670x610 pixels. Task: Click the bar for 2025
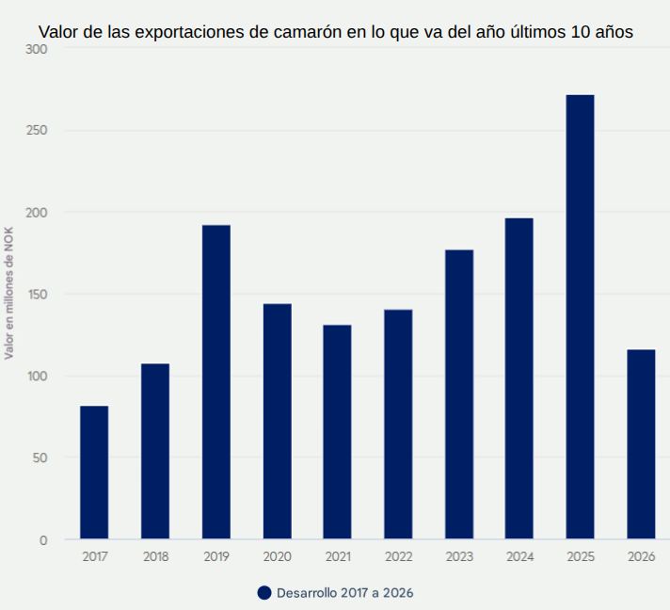pos(580,317)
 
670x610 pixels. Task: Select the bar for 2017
pos(94,473)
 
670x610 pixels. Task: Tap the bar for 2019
pos(216,382)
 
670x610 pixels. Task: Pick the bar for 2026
pos(641,444)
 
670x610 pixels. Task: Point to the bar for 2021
pos(337,432)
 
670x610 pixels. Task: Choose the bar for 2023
pos(459,394)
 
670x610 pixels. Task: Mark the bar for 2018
pos(155,452)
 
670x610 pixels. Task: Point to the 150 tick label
pos(38,295)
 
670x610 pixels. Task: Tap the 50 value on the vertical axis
pos(40,458)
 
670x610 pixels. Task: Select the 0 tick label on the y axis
pos(43,540)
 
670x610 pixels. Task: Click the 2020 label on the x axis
pos(278,556)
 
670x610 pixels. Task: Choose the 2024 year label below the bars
pos(519,556)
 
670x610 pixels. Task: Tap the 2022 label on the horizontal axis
pos(398,556)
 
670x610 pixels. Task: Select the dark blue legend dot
pos(263,593)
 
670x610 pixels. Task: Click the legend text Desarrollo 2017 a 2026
pos(344,593)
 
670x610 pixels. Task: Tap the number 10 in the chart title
pos(581,31)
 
